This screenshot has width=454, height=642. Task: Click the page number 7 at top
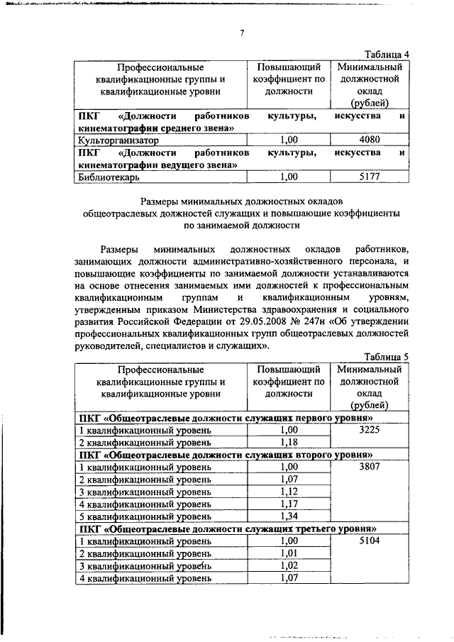[x=243, y=33]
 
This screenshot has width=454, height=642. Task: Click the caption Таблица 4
[x=386, y=54]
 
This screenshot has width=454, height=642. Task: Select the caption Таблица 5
[x=386, y=357]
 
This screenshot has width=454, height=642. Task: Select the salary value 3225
[x=371, y=430]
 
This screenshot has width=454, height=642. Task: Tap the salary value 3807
[x=371, y=467]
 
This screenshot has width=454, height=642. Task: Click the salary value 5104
[x=371, y=541]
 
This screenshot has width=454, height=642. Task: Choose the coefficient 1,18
[x=288, y=443]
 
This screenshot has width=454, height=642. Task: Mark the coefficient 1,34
[x=288, y=516]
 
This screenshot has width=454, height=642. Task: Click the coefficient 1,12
[x=288, y=492]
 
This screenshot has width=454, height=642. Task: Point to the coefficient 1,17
[x=288, y=504]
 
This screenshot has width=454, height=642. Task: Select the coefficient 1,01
[x=288, y=553]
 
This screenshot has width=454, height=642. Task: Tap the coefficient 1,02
[x=288, y=565]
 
